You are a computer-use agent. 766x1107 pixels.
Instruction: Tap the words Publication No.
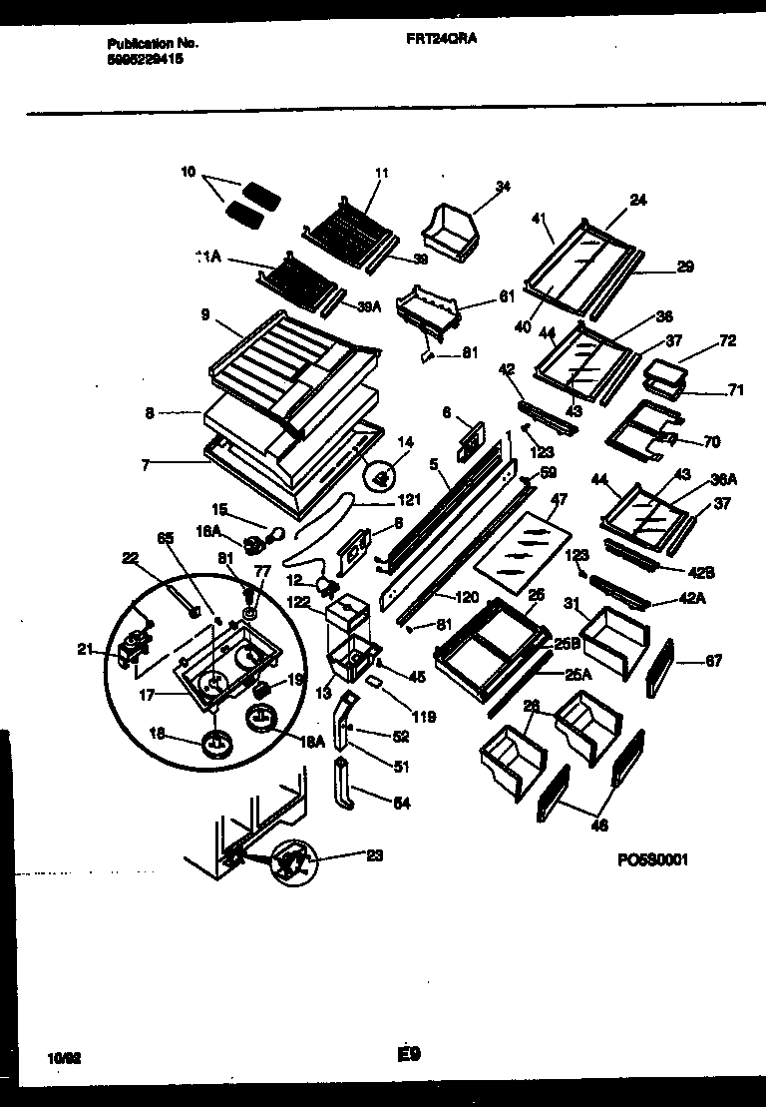(152, 45)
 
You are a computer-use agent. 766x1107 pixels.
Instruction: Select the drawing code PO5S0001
(654, 859)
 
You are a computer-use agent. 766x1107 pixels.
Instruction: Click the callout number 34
(503, 186)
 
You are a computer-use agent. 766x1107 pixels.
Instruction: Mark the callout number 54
(401, 803)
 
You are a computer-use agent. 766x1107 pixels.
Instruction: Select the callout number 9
(204, 315)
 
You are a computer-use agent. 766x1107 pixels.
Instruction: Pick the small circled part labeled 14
(381, 478)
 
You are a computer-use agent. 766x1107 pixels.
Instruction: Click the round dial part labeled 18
(215, 745)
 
